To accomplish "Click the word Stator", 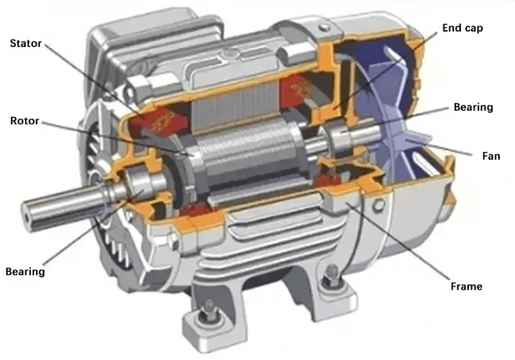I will click(25, 44).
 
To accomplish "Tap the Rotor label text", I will click(24, 121).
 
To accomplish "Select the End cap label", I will click(463, 28).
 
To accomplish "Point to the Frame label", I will click(465, 286).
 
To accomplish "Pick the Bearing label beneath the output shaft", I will click(25, 272).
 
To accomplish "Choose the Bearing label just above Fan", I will click(473, 107).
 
